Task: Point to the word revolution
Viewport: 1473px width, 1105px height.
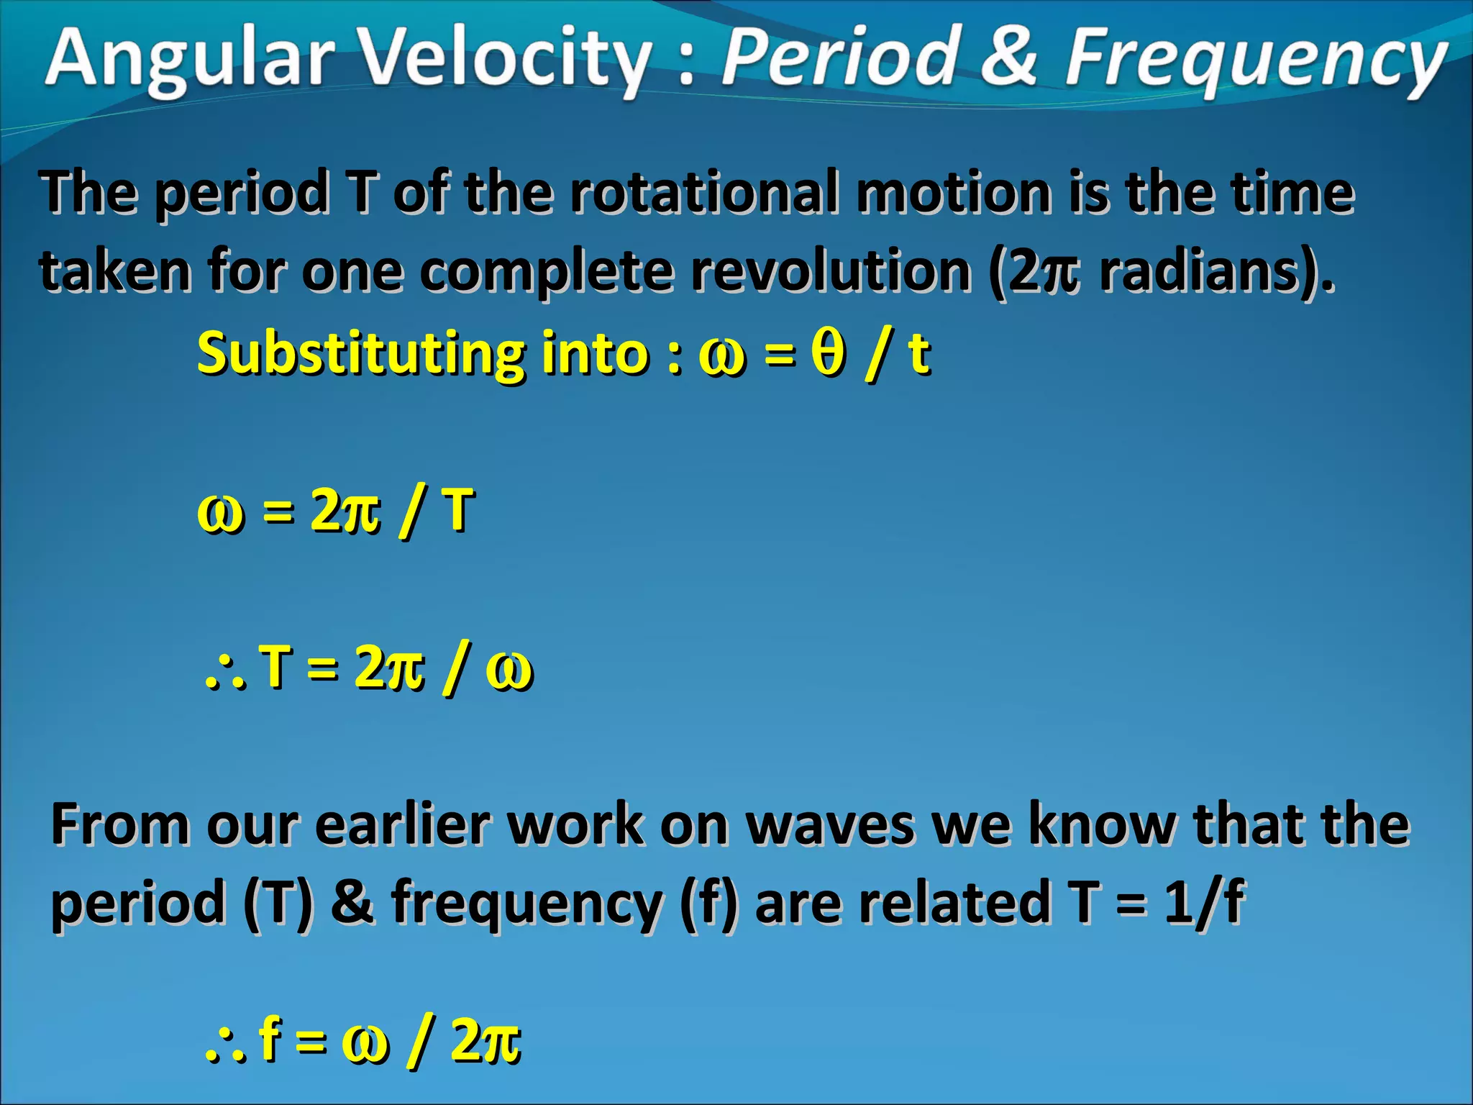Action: click(x=831, y=271)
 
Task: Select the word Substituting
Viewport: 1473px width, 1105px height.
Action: click(x=360, y=354)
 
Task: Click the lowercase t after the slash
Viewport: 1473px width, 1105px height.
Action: click(x=919, y=354)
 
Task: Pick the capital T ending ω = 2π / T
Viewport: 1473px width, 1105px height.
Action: click(x=458, y=510)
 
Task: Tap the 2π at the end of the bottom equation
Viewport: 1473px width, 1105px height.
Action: click(x=485, y=1041)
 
